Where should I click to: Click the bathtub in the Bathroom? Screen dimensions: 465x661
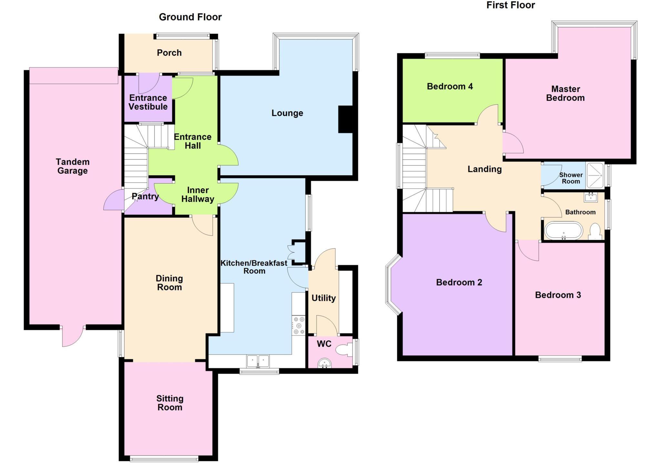[x=564, y=231]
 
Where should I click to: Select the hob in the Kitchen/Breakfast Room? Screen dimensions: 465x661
[x=299, y=325]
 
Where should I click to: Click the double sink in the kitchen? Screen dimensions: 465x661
[x=258, y=361]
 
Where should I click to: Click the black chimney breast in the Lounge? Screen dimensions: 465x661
[x=346, y=119]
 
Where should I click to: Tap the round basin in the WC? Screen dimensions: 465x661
[x=324, y=364]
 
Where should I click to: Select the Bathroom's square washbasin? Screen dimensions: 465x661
[x=590, y=197]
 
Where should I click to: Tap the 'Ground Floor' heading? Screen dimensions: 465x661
[x=190, y=17]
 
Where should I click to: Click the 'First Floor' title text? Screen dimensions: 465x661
[x=511, y=5]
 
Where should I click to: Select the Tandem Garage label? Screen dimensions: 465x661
[x=73, y=166]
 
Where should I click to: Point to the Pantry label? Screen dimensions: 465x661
[x=145, y=196]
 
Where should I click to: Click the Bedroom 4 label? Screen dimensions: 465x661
[x=450, y=86]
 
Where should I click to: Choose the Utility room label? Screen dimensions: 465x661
[x=323, y=298]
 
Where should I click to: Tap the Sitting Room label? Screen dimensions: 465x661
[x=170, y=403]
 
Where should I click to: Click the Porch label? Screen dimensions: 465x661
[x=169, y=53]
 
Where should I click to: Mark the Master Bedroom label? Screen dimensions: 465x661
[x=565, y=94]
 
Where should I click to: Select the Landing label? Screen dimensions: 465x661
[x=484, y=169]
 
